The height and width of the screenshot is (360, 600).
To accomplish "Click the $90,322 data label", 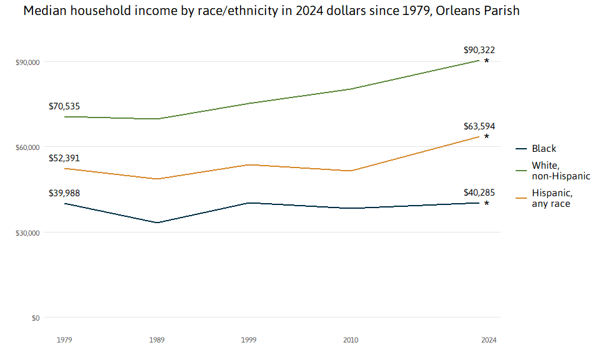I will click(x=479, y=50).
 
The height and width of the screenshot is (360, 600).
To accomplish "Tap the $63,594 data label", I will click(x=479, y=126).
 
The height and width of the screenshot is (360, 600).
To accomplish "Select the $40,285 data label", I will click(x=479, y=192).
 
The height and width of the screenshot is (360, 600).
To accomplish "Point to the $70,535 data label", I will click(x=64, y=106).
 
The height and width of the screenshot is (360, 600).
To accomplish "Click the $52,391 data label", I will click(x=64, y=158).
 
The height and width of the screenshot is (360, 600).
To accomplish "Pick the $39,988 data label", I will click(x=64, y=192).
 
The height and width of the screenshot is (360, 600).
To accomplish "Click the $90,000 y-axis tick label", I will click(x=27, y=62).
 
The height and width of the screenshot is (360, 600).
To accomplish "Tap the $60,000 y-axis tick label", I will click(x=27, y=147).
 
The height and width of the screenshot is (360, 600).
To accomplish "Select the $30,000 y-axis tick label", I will click(x=27, y=233).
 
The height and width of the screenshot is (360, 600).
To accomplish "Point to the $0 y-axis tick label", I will click(x=36, y=318).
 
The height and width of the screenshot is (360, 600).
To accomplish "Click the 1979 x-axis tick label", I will click(x=64, y=340).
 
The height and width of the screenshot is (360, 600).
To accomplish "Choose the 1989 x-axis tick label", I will click(x=157, y=340).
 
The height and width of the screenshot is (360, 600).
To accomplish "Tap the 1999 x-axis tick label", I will click(x=249, y=340).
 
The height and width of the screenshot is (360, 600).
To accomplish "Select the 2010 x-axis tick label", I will click(x=351, y=340).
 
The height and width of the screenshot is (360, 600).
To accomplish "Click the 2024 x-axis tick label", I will click(x=489, y=340).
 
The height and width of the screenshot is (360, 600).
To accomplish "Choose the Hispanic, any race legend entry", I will click(x=551, y=198).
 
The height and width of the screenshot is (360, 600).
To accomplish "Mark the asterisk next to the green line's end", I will click(x=487, y=61).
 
